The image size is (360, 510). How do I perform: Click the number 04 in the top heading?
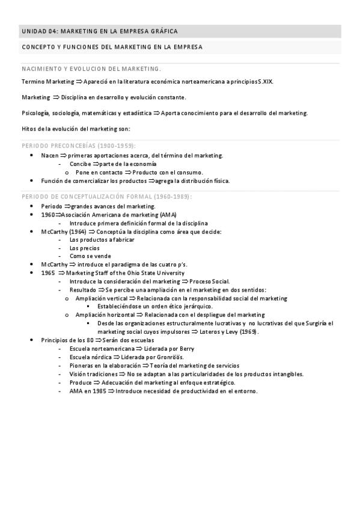point(52,31)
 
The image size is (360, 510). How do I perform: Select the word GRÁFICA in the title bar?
point(163,31)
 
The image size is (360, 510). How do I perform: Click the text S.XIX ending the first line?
point(264,81)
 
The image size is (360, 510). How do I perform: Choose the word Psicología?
point(35,113)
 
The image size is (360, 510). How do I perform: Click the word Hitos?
point(28,129)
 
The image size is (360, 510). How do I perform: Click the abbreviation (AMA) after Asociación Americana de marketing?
point(168,215)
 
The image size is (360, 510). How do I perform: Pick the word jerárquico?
point(194,307)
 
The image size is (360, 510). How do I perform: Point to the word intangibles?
point(286,373)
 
